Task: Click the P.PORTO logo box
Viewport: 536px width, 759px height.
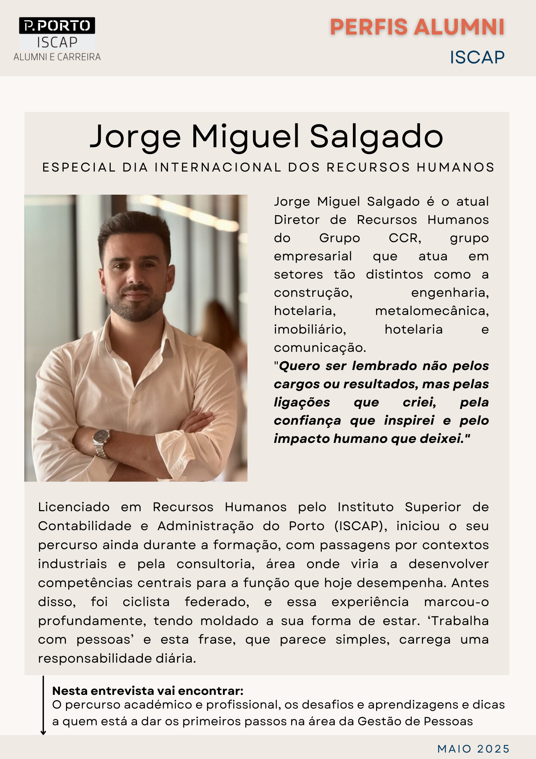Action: coord(57,25)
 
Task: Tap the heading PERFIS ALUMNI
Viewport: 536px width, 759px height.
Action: coord(417,27)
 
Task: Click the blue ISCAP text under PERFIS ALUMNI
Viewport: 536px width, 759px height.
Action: coord(477,58)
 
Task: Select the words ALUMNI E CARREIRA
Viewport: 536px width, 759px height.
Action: coord(57,57)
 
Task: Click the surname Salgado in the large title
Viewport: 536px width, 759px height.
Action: coord(376,137)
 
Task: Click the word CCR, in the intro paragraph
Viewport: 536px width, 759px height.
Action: coord(405,238)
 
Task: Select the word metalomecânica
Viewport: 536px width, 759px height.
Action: coord(432,311)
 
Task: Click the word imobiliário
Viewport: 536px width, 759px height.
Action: coord(310,329)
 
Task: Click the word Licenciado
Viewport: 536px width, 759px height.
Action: coord(74,507)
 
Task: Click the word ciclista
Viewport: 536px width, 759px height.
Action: coord(146,602)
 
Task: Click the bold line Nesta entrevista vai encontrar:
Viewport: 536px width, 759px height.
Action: coord(148,691)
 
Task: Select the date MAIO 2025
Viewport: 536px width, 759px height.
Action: coord(473,749)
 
